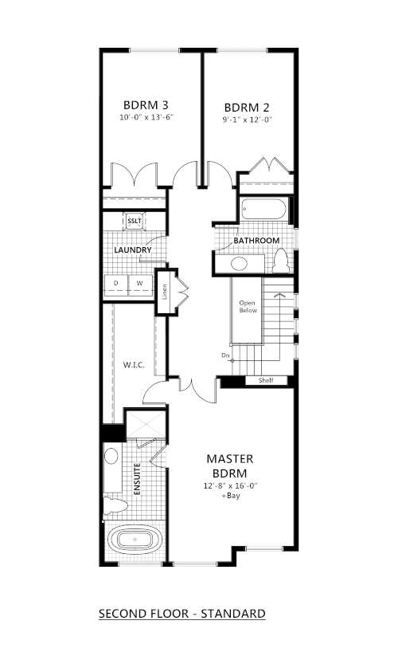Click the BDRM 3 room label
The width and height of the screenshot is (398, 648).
click(x=146, y=105)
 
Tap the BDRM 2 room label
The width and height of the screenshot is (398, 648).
click(x=247, y=108)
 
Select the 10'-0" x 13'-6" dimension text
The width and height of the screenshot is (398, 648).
click(x=146, y=117)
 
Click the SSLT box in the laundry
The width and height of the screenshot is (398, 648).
click(x=135, y=221)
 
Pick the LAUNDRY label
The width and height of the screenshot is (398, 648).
click(x=132, y=250)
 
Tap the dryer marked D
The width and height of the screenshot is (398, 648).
click(x=116, y=285)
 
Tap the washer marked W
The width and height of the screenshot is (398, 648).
click(x=140, y=285)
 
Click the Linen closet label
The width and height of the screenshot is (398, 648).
click(x=164, y=292)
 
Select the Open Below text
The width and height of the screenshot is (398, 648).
click(x=248, y=307)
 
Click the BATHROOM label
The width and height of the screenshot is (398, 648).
click(x=256, y=241)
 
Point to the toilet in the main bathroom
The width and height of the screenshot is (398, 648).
click(x=282, y=261)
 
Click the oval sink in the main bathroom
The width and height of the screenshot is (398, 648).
click(x=239, y=264)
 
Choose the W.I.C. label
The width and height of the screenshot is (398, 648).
click(x=134, y=365)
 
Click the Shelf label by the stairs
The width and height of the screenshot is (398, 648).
click(x=266, y=380)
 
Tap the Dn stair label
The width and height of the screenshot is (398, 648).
click(x=225, y=355)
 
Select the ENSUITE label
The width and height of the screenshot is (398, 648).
click(x=138, y=479)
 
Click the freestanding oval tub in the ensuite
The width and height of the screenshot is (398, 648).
click(x=135, y=540)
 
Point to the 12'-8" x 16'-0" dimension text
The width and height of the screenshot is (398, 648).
click(x=230, y=485)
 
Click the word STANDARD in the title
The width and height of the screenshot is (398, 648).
click(x=233, y=614)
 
